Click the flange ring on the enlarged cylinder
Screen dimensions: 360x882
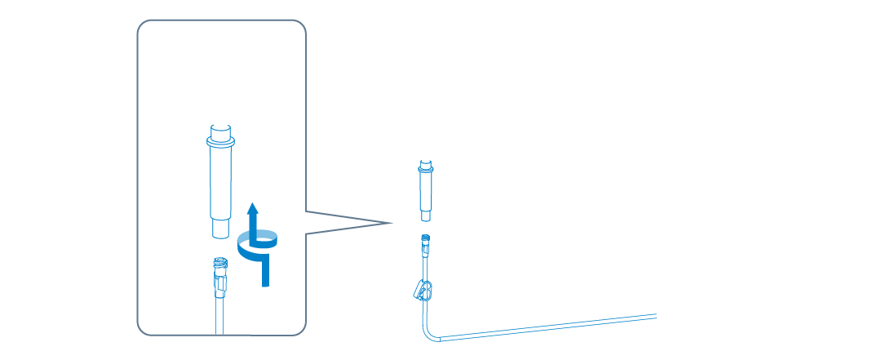point(221,144)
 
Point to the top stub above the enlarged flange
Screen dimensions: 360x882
point(221,131)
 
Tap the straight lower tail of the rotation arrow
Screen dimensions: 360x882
point(264,273)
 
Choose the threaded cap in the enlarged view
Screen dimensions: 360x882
point(219,264)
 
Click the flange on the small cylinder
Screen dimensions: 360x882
point(426,171)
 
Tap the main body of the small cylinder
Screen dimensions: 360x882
point(426,191)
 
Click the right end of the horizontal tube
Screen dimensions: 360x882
point(654,315)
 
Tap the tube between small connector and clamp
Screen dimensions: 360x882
point(425,265)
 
